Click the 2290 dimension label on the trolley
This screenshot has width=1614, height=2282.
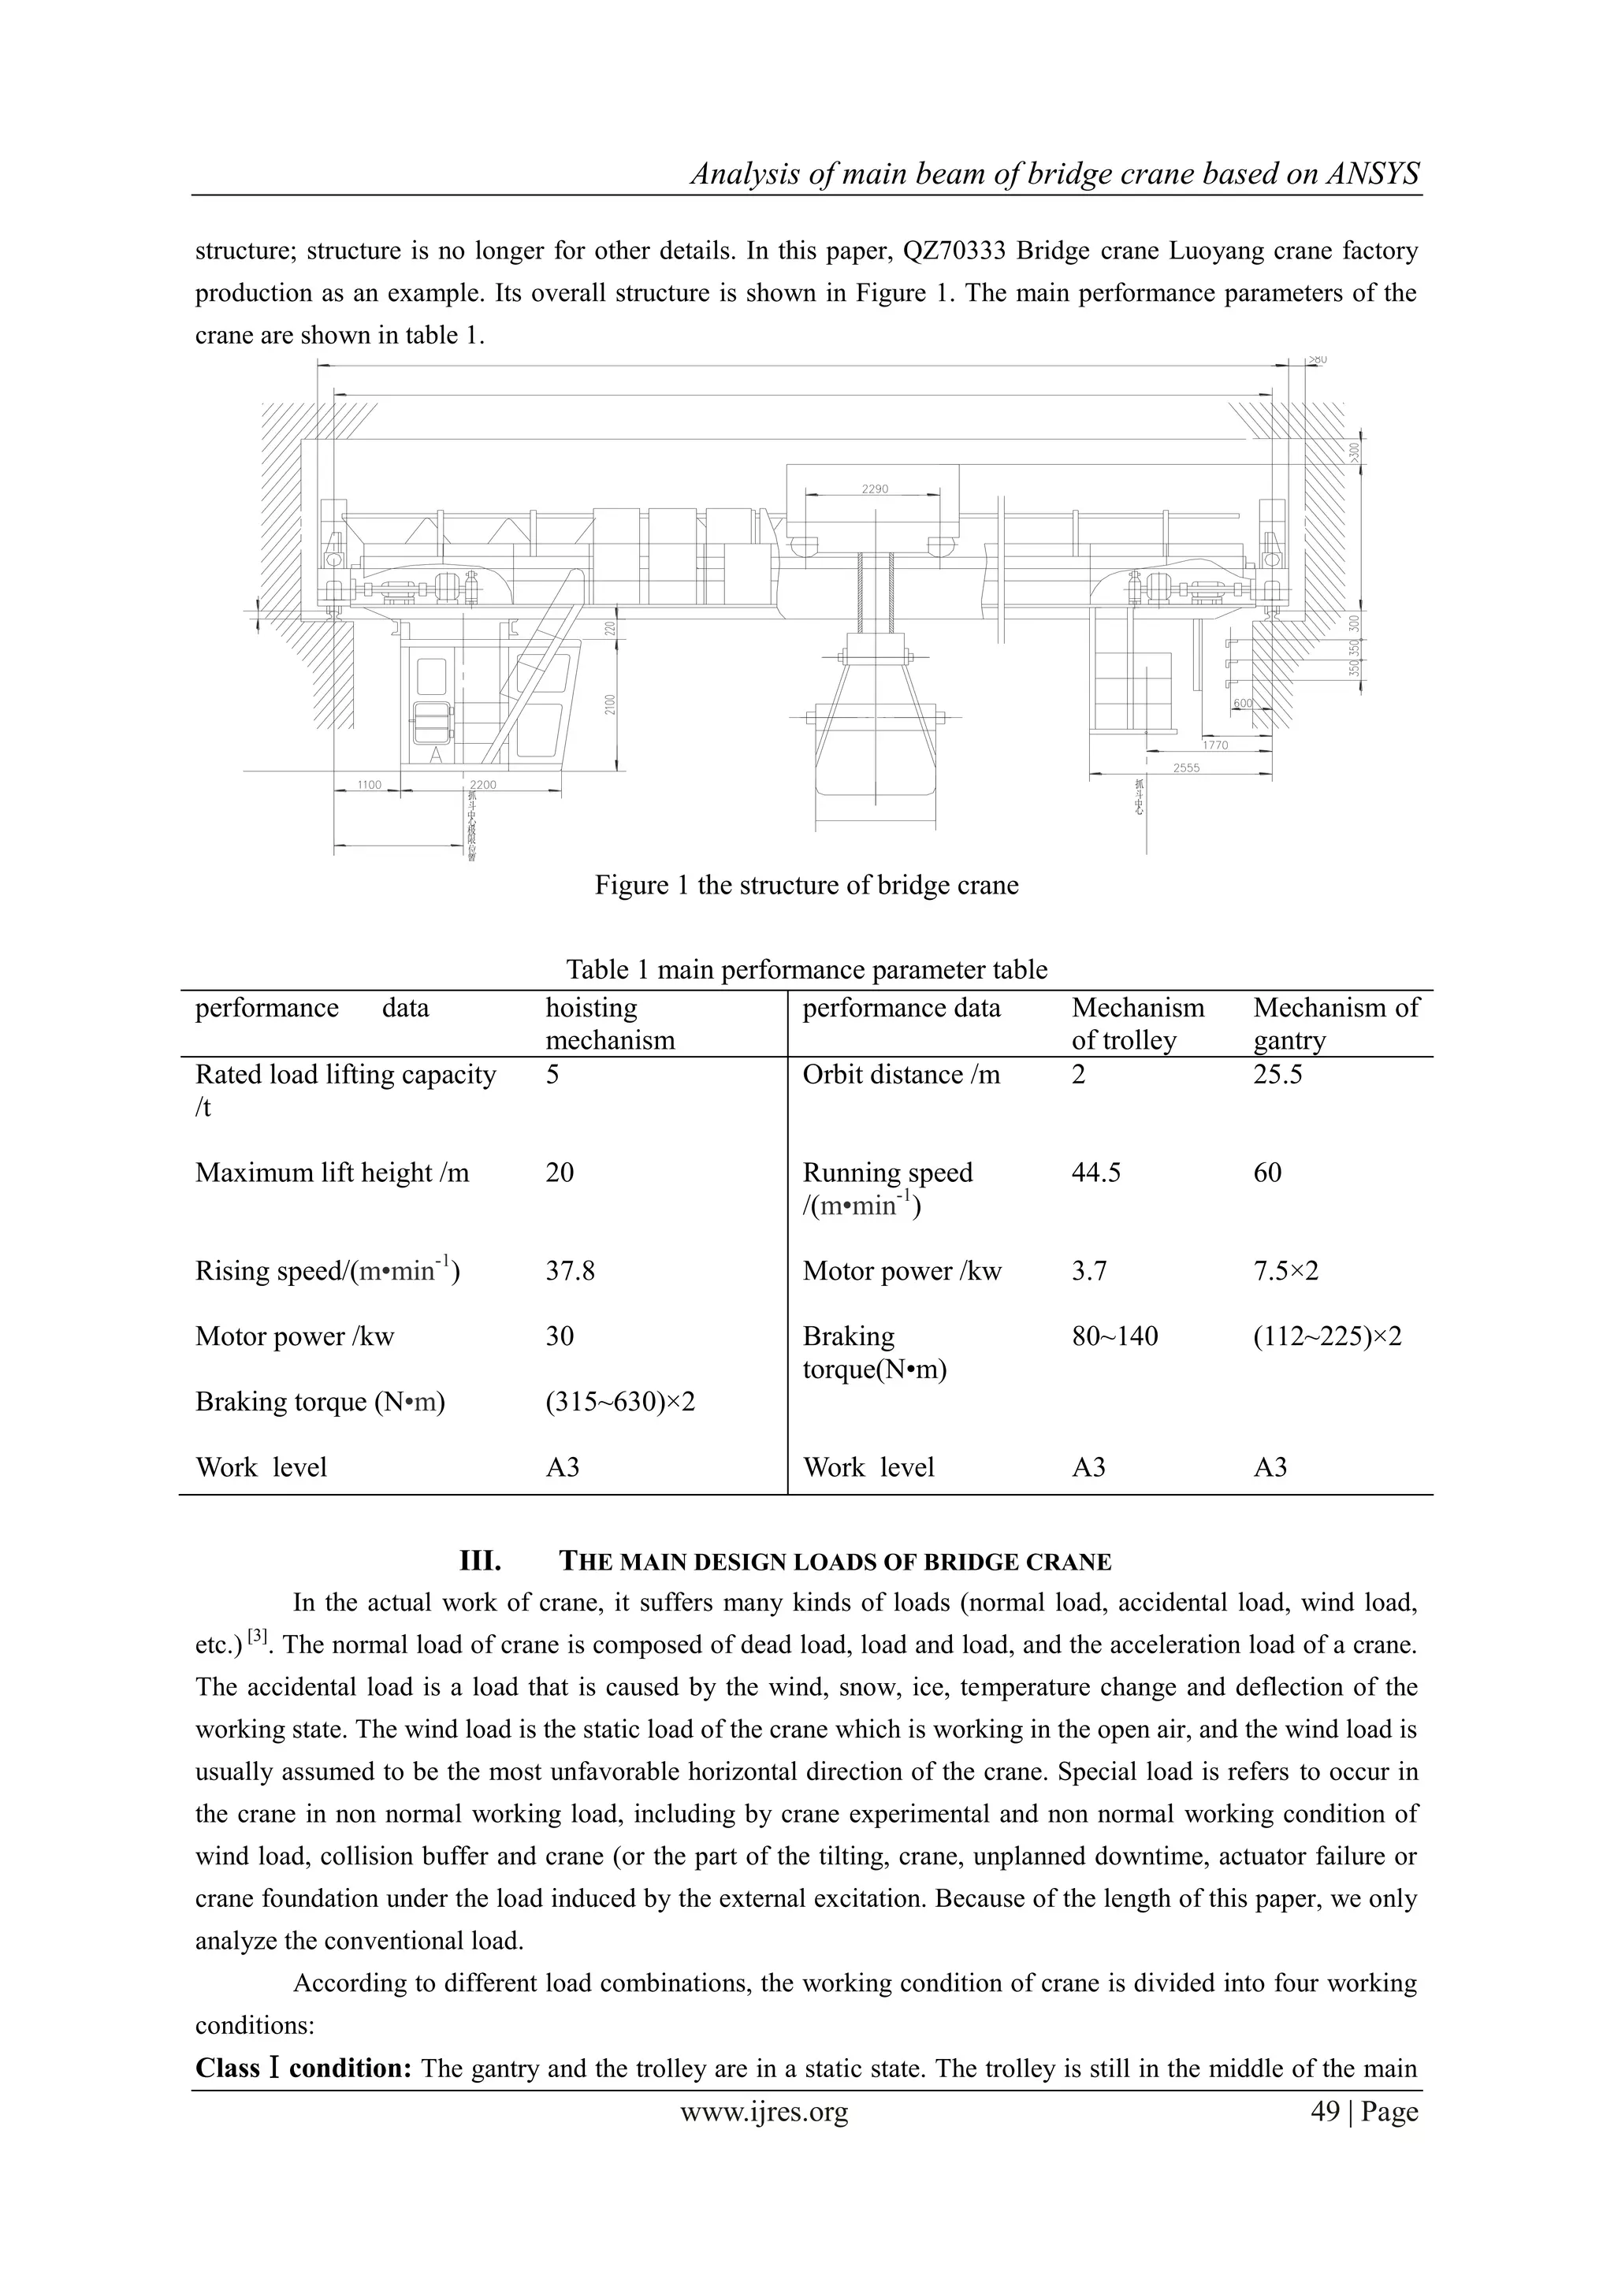[x=875, y=489]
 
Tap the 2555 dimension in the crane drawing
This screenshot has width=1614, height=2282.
[x=1185, y=767]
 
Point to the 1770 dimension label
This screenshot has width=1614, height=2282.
[x=1214, y=745]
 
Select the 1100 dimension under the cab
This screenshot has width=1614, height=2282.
[x=369, y=784]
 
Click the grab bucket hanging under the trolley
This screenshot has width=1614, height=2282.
[x=876, y=756]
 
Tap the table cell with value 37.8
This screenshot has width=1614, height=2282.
[x=570, y=1271]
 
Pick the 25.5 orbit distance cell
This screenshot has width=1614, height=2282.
[x=1277, y=1074]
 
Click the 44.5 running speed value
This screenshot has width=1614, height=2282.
[x=1095, y=1173]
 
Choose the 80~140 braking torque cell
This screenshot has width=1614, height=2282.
[x=1114, y=1336]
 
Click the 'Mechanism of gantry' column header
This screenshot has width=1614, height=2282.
[x=1336, y=1024]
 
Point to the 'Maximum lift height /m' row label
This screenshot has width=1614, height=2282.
[x=332, y=1173]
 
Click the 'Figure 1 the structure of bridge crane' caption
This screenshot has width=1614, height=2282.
[x=806, y=885]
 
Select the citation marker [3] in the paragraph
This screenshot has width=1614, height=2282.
[x=258, y=1635]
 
